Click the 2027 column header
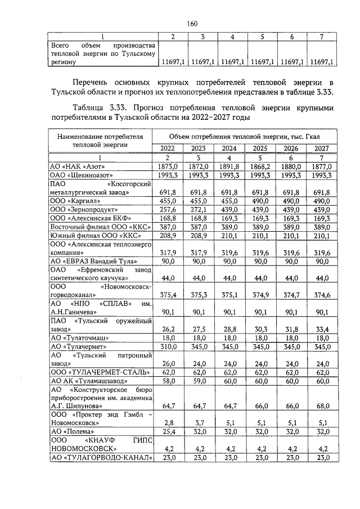point(321,148)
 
